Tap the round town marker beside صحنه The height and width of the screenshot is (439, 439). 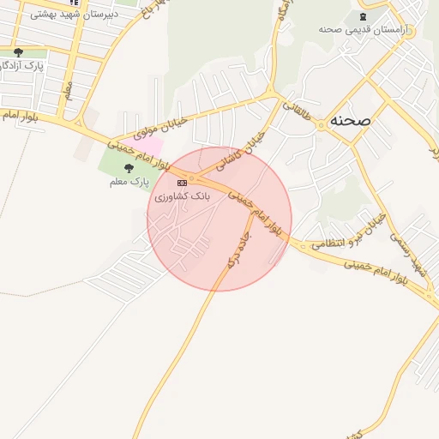tap(322, 124)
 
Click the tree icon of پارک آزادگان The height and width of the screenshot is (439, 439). tap(18, 52)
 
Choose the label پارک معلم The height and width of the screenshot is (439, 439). tap(129, 182)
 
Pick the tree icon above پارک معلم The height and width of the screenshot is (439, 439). tap(129, 168)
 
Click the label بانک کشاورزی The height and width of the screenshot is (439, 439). tap(182, 196)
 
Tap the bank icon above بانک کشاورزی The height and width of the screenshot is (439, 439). tap(182, 183)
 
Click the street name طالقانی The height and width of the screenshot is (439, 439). tap(297, 118)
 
